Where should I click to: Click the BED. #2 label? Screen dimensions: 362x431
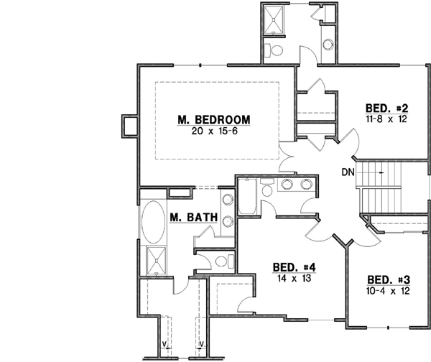tap(386, 107)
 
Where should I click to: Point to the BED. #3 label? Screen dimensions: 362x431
tap(388, 279)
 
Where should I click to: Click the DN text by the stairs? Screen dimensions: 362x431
tap(348, 172)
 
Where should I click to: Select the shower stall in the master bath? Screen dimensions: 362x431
tap(154, 261)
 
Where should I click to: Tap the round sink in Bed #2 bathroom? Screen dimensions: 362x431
tap(328, 43)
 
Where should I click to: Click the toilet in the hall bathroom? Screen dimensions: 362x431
tap(267, 190)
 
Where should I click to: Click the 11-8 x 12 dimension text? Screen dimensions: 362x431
tap(386, 119)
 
